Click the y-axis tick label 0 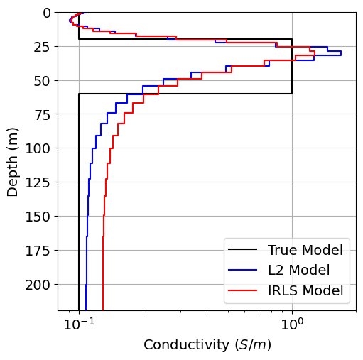pyautogui.click(x=45, y=13)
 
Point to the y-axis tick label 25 pyautogui.click(x=42, y=47)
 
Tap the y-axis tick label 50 pyautogui.click(x=42, y=80)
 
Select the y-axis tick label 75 pyautogui.click(x=42, y=114)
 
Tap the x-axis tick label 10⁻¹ pyautogui.click(x=79, y=324)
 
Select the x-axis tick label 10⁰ pyautogui.click(x=292, y=324)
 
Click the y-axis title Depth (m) pyautogui.click(x=13, y=161)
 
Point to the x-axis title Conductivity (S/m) pyautogui.click(x=207, y=345)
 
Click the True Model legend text pyautogui.click(x=305, y=250)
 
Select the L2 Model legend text pyautogui.click(x=298, y=271)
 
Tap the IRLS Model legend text pyautogui.click(x=305, y=290)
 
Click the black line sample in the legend pyautogui.click(x=242, y=250)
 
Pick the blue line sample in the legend pyautogui.click(x=242, y=271)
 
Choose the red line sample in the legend pyautogui.click(x=242, y=290)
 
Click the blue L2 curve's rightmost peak pyautogui.click(x=340, y=53)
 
